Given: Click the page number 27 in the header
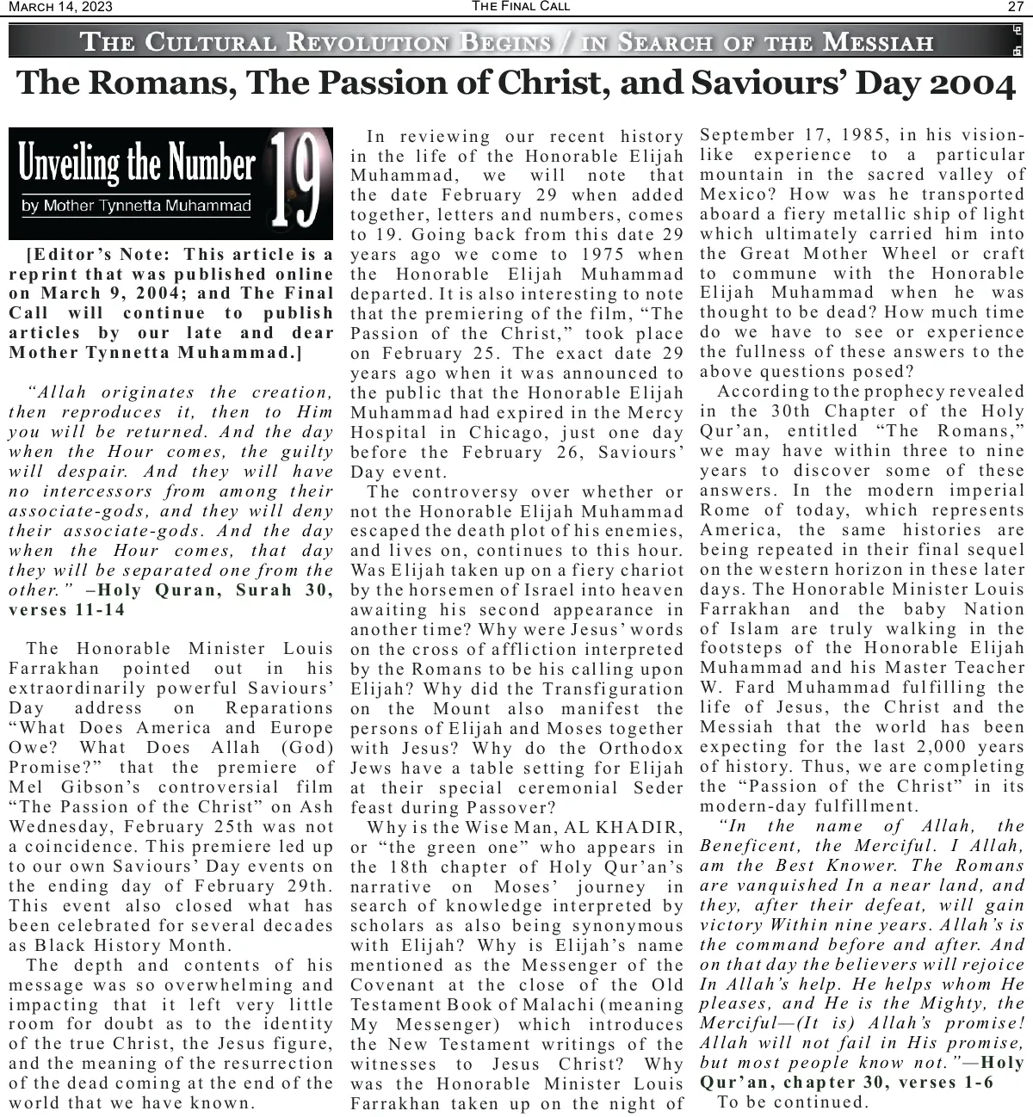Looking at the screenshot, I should pyautogui.click(x=1015, y=7).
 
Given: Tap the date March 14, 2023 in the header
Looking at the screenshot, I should pyautogui.click(x=60, y=8).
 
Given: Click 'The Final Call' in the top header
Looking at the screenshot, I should pyautogui.click(x=521, y=6).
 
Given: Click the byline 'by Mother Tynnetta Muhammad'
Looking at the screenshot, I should pyautogui.click(x=136, y=206).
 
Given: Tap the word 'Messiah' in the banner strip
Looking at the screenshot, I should pyautogui.click(x=878, y=41).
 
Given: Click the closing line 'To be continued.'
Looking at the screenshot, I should pyautogui.click(x=792, y=1102).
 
